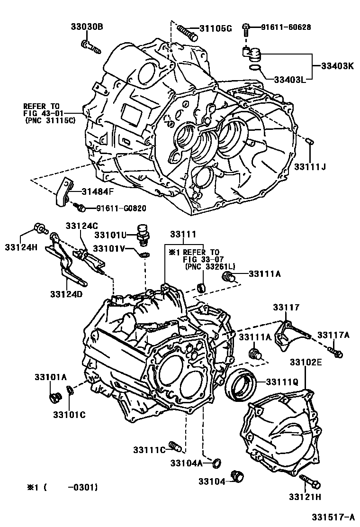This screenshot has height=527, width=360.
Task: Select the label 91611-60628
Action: pyautogui.click(x=286, y=27)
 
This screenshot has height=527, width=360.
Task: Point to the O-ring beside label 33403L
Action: pyautogui.click(x=254, y=69)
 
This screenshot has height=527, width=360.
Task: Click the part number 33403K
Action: pyautogui.click(x=338, y=66)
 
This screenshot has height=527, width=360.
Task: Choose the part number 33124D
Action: pyautogui.click(x=66, y=294)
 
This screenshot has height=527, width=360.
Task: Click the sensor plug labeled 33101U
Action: pyautogui.click(x=142, y=235)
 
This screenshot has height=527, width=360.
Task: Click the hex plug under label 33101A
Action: pyautogui.click(x=55, y=397)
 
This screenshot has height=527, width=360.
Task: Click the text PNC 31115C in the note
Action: pyautogui.click(x=51, y=121)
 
